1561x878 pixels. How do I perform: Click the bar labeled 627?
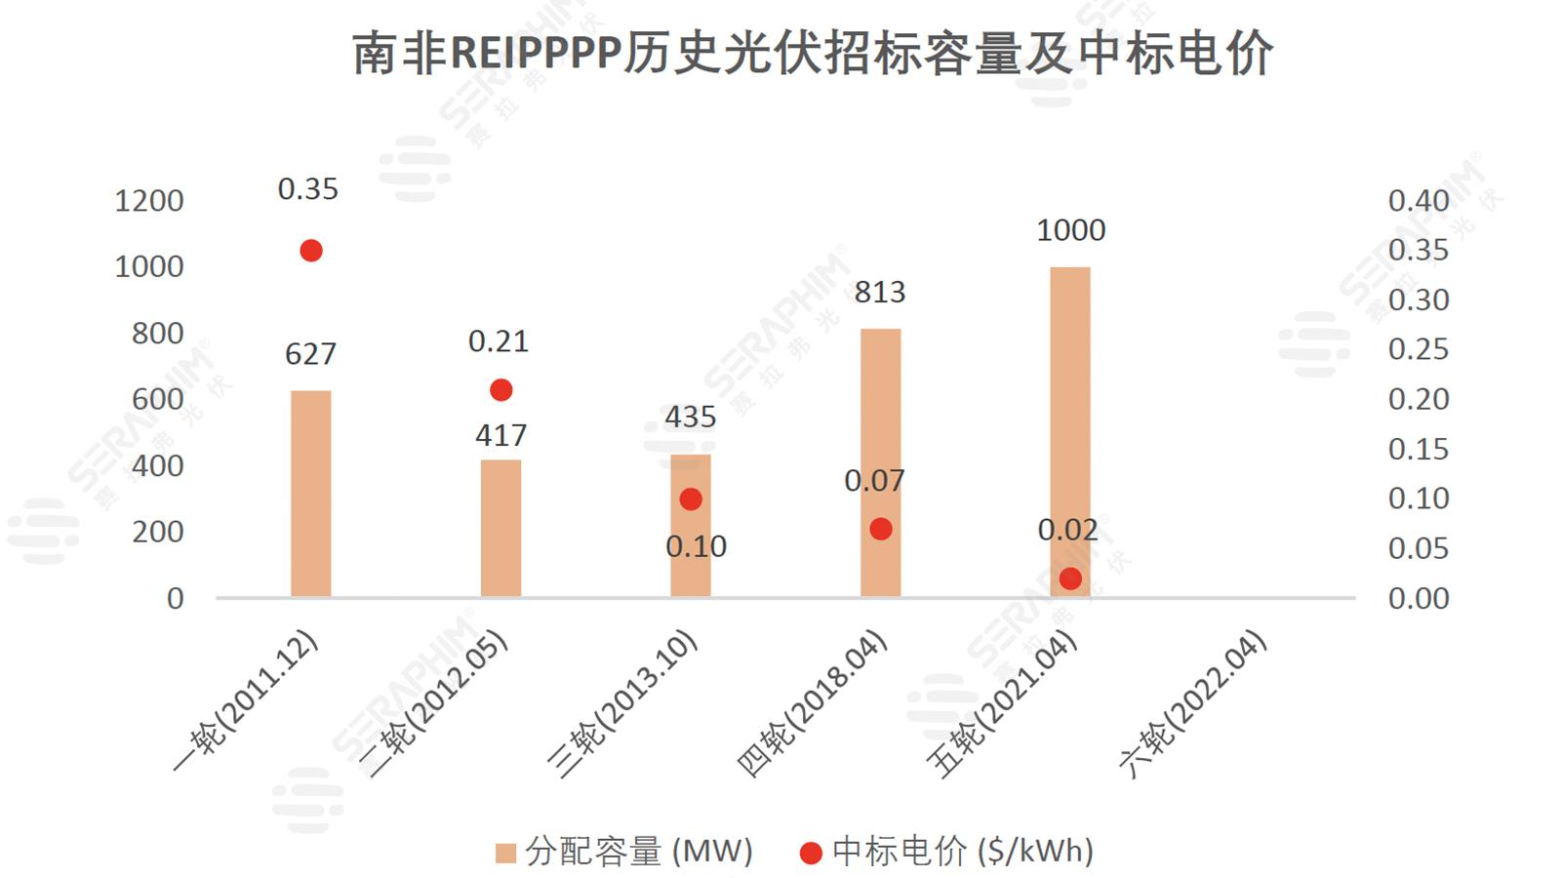310,493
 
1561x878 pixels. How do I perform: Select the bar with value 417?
500,527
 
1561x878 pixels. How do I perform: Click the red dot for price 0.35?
311,251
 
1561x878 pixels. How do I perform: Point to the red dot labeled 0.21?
501,390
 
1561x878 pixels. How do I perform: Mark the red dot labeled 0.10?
691,499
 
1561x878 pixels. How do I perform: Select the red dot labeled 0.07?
881,529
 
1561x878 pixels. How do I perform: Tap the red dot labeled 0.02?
1070,579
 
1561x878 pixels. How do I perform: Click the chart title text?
812,53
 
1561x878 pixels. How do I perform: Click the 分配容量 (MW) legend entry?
624,852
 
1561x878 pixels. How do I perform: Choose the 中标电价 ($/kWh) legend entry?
946,852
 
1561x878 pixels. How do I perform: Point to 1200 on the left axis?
148,201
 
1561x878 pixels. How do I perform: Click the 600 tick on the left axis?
157,399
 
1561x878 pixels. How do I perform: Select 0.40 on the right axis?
1419,201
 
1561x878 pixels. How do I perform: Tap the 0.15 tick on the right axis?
1419,449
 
